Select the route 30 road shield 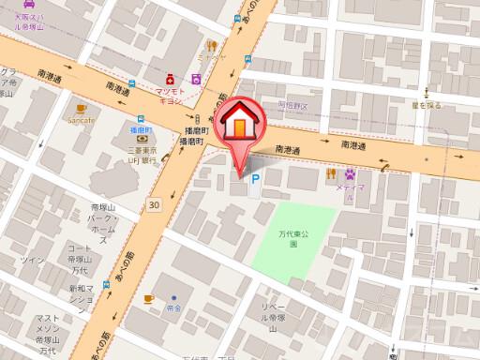tap(153, 204)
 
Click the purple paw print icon tap(350, 173)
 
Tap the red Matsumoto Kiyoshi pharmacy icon tap(172, 79)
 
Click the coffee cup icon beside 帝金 tap(148, 298)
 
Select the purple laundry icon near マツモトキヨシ tap(196, 80)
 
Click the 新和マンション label tap(82, 301)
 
